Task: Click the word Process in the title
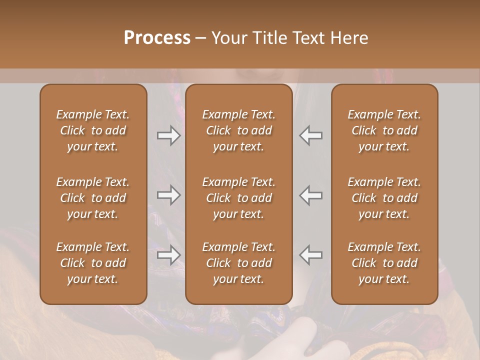pyautogui.click(x=157, y=38)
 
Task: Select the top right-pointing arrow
pyautogui.click(x=169, y=135)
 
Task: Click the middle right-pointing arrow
pyautogui.click(x=169, y=195)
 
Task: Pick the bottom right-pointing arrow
pyautogui.click(x=169, y=255)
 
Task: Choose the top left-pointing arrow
pyautogui.click(x=311, y=135)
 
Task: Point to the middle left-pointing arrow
pyautogui.click(x=311, y=195)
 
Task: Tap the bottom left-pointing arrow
pyautogui.click(x=311, y=255)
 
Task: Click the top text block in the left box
pyautogui.click(x=93, y=130)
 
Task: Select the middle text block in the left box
pyautogui.click(x=93, y=198)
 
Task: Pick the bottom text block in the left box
pyautogui.click(x=93, y=263)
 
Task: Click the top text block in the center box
pyautogui.click(x=238, y=130)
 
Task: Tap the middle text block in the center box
pyautogui.click(x=238, y=198)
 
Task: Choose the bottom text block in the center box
pyautogui.click(x=238, y=263)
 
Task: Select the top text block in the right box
pyautogui.click(x=384, y=130)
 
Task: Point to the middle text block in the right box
pyautogui.click(x=384, y=198)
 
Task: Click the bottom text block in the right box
pyautogui.click(x=384, y=263)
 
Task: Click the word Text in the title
pyautogui.click(x=309, y=38)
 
